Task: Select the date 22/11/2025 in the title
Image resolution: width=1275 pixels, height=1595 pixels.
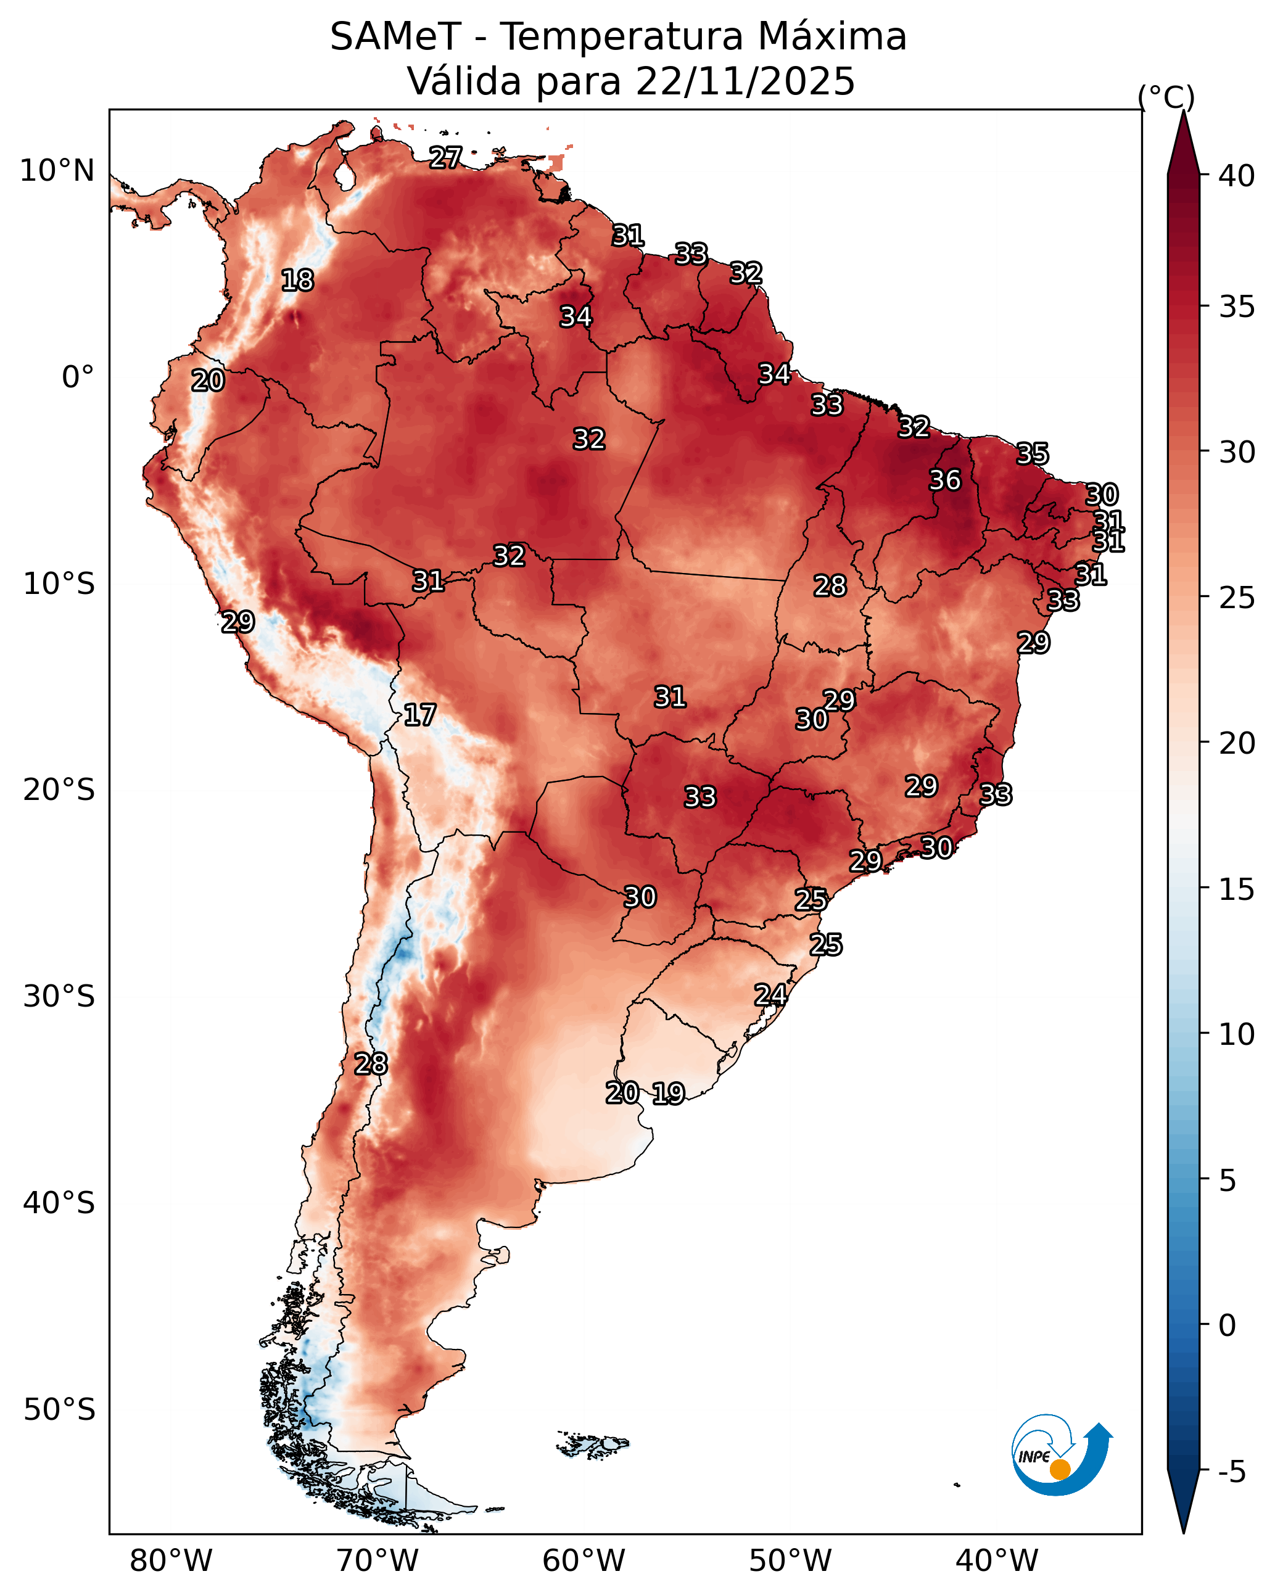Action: [745, 81]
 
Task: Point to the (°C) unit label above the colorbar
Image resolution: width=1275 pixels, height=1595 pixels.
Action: [1165, 97]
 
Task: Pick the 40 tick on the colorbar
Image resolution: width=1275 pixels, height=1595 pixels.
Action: [1237, 176]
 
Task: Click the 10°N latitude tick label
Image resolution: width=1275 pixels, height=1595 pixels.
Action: [57, 171]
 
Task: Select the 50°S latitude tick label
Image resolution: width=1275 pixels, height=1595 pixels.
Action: [59, 1410]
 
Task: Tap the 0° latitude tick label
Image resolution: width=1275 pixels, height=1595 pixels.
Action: [78, 377]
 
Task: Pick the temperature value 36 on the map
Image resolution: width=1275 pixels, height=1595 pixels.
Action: [945, 480]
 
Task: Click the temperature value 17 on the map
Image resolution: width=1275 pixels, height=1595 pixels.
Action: [419, 715]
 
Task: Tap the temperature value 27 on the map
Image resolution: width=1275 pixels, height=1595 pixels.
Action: [445, 157]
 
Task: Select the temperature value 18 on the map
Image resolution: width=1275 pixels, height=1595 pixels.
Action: [297, 281]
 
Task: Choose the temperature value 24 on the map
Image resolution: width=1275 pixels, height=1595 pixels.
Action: [770, 995]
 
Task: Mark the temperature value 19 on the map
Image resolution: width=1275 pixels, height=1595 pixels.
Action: [668, 1093]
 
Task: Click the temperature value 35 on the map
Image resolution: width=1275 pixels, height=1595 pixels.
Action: [1033, 453]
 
